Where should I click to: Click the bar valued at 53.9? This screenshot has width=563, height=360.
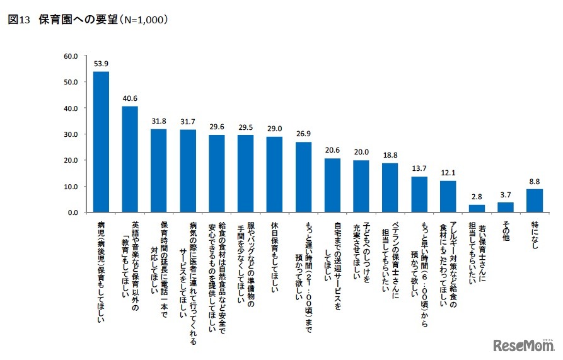[x=101, y=142]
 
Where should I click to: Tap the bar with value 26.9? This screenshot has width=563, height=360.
[x=303, y=177]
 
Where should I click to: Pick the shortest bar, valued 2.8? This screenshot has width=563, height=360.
[x=477, y=209]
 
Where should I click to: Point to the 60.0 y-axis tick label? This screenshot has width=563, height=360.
[x=69, y=56]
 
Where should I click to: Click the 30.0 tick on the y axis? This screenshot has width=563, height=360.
[x=69, y=134]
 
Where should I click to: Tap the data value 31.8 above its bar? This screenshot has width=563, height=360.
[x=158, y=122]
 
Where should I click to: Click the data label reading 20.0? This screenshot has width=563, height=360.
[x=361, y=153]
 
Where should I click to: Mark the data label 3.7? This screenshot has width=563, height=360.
[x=506, y=195]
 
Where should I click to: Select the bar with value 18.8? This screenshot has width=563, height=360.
[x=390, y=188]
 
